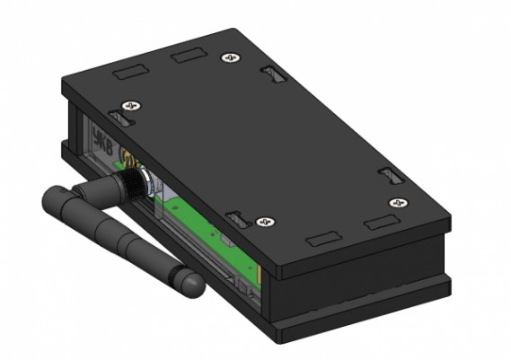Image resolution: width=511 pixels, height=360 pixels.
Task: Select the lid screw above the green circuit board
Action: tap(263, 221)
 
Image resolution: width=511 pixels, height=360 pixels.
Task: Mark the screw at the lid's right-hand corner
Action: tap(395, 203)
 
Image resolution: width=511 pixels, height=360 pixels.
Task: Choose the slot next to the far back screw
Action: tap(270, 72)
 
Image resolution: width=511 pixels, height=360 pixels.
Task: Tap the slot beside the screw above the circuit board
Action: tap(235, 217)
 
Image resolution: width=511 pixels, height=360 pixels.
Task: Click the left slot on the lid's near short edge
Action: tap(321, 240)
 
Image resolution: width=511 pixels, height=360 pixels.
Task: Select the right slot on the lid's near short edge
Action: tap(380, 222)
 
